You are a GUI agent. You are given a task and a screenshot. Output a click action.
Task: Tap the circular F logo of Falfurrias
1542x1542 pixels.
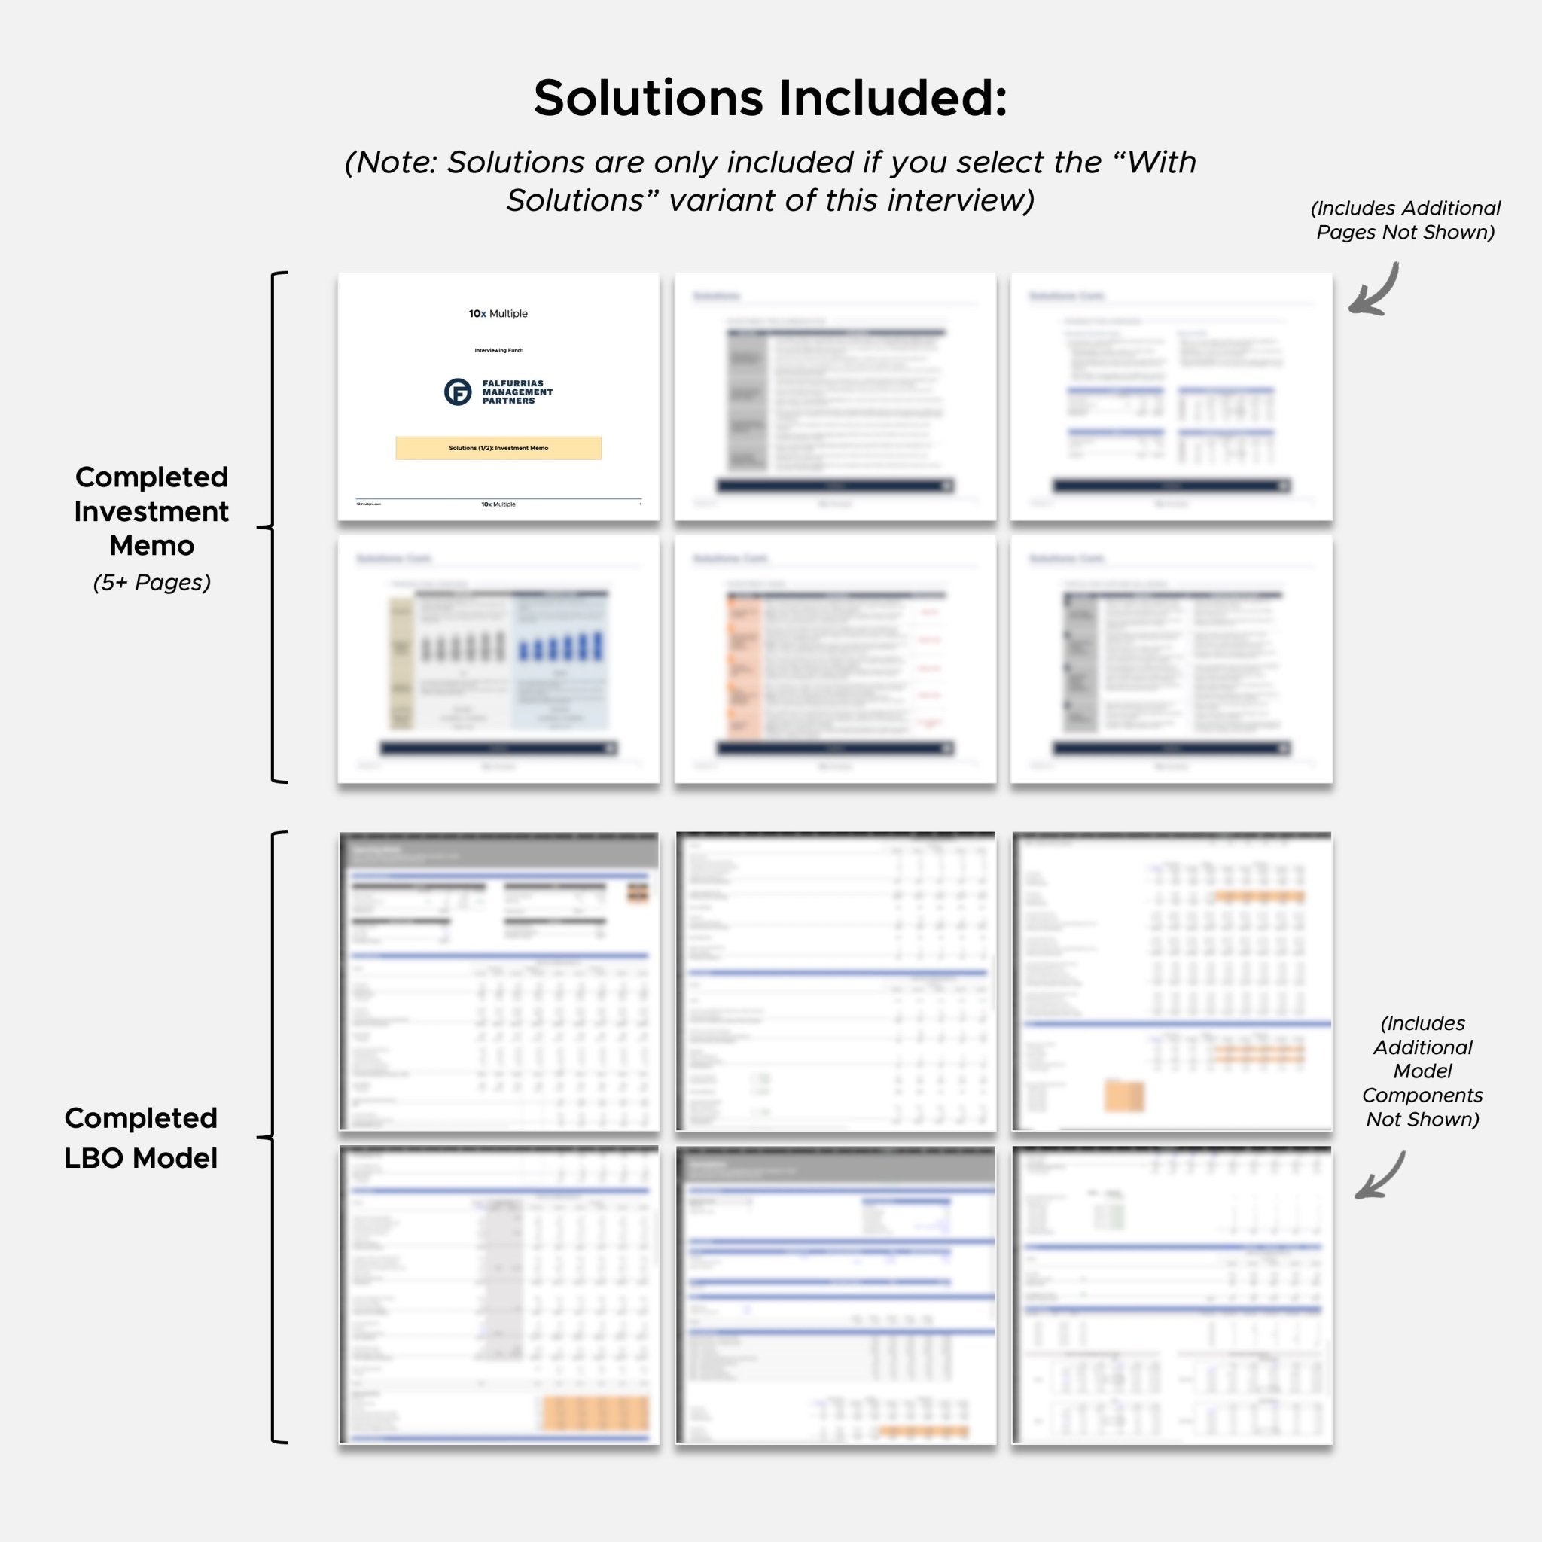(x=458, y=392)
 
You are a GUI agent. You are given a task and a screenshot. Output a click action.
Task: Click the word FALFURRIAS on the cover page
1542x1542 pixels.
(x=513, y=383)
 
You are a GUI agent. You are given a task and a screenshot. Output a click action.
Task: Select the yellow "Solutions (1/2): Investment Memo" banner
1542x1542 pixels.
(x=498, y=448)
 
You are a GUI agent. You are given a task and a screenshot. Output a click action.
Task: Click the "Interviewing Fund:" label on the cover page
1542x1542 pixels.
(x=498, y=350)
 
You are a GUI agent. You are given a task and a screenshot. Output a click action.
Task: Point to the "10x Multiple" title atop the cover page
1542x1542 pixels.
(x=498, y=314)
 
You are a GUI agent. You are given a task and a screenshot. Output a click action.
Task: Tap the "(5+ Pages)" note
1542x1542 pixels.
(x=151, y=583)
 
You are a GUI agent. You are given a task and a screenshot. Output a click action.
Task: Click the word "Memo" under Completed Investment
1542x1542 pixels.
(x=151, y=546)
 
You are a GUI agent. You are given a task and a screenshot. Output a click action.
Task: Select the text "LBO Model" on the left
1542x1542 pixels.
(x=141, y=1158)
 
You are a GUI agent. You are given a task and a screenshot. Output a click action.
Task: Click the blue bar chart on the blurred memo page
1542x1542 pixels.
(x=561, y=646)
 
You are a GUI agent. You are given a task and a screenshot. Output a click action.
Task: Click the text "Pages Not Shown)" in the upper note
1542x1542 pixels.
(x=1405, y=232)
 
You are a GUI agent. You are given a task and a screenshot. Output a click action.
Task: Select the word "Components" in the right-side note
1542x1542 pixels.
(x=1422, y=1095)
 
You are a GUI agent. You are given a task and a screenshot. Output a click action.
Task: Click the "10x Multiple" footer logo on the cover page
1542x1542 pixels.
(x=498, y=504)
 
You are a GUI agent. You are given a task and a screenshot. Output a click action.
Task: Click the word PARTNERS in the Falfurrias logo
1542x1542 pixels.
(x=508, y=401)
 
